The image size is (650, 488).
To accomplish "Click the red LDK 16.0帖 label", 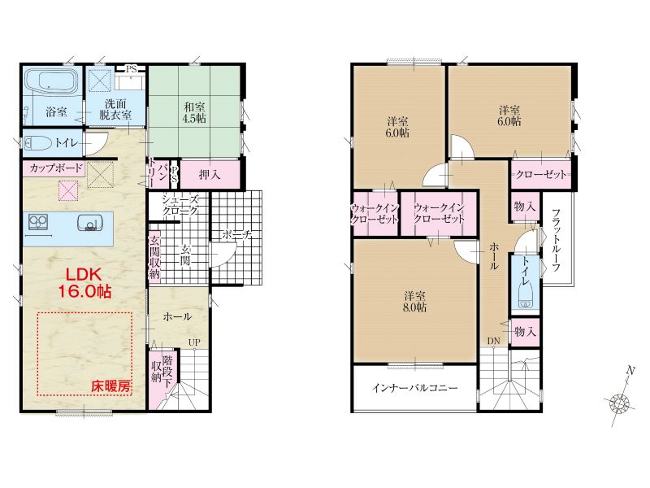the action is click(84, 282).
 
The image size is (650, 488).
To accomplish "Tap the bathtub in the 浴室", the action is click(51, 82).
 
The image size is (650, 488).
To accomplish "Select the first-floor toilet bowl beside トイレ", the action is click(38, 144).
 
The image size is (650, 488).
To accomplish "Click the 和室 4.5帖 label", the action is click(194, 113).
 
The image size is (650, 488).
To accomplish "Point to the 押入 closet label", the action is click(210, 175).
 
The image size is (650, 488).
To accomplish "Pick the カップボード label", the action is click(56, 168).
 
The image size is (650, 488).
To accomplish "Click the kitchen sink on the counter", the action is click(89, 223).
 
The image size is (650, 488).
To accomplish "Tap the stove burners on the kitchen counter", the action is click(38, 221).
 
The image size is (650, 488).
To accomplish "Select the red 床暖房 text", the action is click(110, 387).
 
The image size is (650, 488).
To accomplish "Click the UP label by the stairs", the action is click(194, 342).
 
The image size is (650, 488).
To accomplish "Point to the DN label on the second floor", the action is click(494, 341).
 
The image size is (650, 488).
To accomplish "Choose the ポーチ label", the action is click(237, 235).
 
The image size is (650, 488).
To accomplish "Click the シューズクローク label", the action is click(180, 205).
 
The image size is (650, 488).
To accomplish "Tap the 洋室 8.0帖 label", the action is click(415, 302).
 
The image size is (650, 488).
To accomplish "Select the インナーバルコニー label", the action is click(415, 388).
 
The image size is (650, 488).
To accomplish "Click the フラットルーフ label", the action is click(557, 240).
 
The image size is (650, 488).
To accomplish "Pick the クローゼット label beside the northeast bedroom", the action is click(540, 174).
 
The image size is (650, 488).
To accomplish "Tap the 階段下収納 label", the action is click(161, 372).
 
